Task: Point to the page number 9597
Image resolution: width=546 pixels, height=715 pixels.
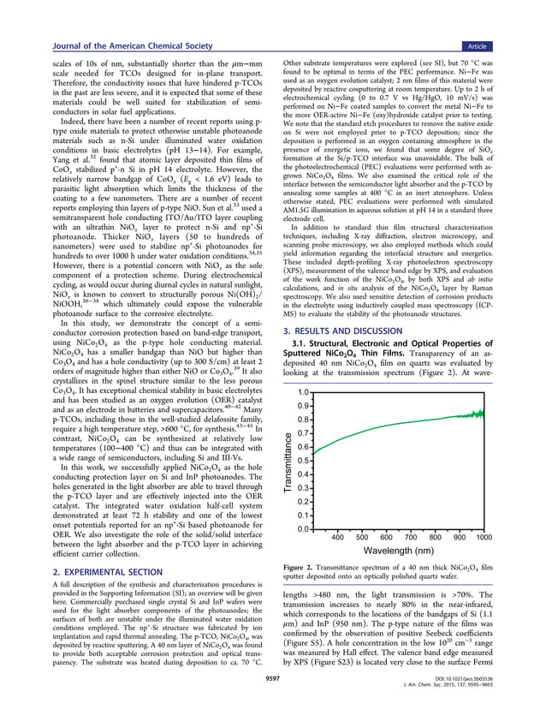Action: (x=272, y=696)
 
